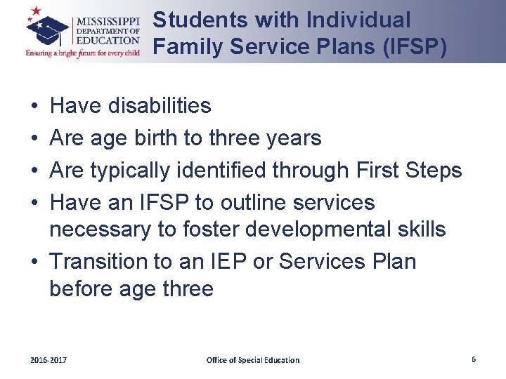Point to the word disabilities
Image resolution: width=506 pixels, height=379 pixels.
click(160, 106)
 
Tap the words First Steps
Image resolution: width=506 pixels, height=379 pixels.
click(408, 171)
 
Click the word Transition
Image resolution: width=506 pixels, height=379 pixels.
click(98, 261)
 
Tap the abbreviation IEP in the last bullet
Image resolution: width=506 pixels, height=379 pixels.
click(224, 261)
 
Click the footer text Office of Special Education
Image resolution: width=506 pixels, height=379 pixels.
click(252, 360)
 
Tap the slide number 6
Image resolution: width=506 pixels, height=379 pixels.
click(474, 359)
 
